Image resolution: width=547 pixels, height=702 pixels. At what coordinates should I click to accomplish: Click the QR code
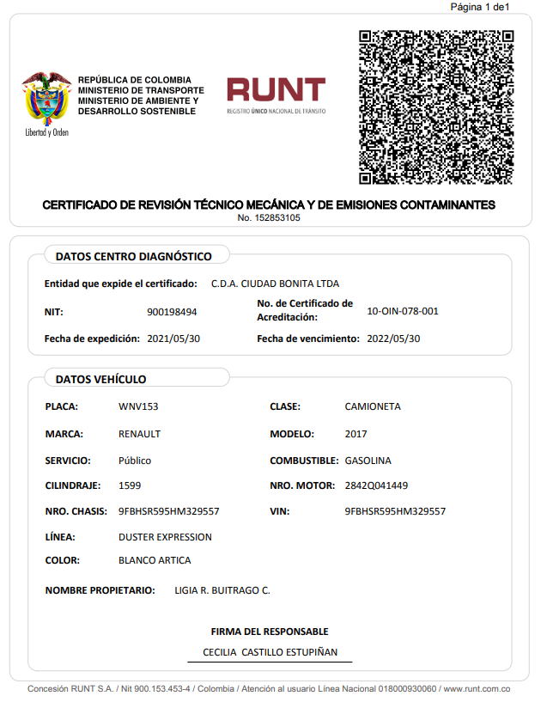435,107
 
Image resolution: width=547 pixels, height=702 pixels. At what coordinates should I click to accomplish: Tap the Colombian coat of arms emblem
46,99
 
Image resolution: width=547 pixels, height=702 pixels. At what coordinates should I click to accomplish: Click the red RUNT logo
276,95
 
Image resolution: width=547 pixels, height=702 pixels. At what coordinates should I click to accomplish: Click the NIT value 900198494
172,312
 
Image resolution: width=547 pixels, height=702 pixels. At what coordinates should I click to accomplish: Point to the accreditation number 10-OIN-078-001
402,311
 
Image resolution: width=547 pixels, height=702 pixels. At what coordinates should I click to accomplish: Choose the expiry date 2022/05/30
393,339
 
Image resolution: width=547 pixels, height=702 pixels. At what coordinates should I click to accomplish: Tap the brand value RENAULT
139,434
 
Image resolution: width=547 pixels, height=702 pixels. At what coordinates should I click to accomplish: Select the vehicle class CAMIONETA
372,406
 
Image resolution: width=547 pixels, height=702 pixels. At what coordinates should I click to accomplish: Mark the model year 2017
355,434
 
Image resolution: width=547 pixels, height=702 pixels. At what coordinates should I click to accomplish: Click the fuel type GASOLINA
368,461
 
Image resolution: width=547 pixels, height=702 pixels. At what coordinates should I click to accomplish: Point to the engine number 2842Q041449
376,485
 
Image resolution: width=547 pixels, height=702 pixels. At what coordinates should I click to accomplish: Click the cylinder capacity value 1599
130,485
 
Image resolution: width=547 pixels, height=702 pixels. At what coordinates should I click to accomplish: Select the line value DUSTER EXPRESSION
165,537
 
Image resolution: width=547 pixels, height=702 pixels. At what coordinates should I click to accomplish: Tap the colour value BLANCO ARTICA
155,560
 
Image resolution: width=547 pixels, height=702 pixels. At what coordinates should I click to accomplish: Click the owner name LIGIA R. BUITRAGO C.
222,590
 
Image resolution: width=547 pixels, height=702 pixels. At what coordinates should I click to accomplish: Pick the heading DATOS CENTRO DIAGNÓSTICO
133,256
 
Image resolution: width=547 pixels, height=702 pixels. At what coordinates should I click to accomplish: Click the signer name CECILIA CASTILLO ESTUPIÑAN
270,652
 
